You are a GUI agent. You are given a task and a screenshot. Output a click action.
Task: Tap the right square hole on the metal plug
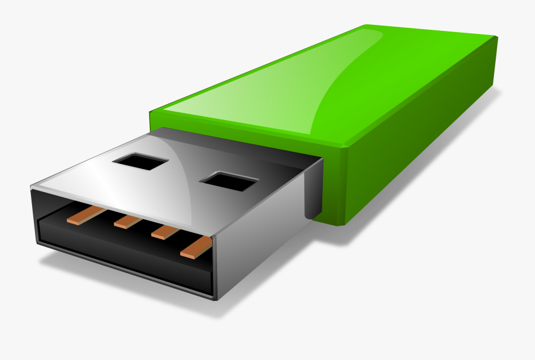click(230, 181)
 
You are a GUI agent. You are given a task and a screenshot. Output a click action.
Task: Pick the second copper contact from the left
click(128, 221)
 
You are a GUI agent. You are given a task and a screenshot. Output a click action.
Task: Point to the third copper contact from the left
click(166, 232)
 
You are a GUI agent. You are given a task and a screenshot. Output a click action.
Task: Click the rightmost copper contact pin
click(197, 247)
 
